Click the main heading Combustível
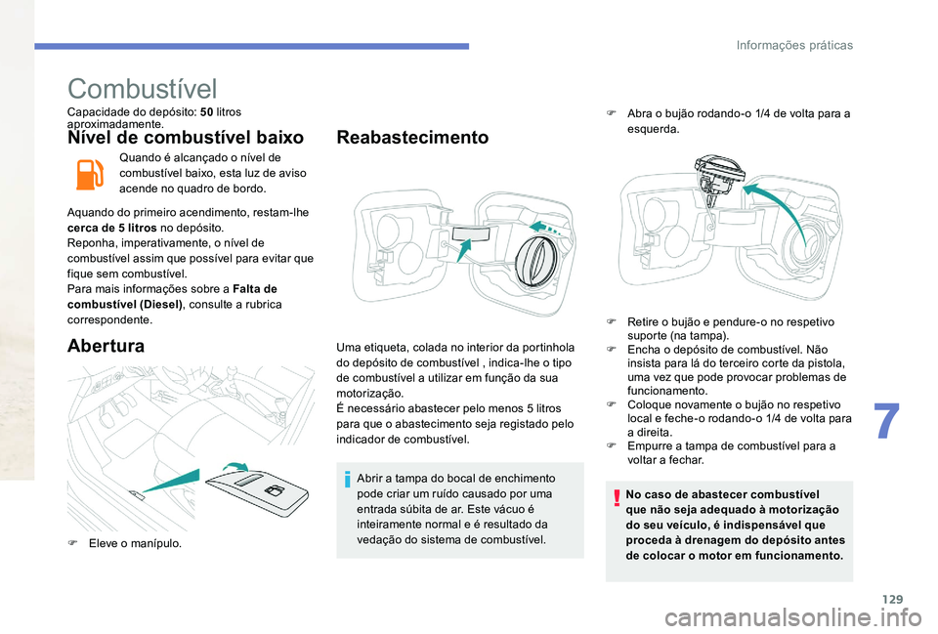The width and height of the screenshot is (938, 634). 143,90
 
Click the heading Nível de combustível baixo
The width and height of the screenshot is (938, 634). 187,138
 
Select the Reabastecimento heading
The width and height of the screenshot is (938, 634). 411,138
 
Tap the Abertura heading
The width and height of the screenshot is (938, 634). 107,345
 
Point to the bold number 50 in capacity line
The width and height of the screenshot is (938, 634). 206,112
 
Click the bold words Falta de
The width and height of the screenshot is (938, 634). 257,288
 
